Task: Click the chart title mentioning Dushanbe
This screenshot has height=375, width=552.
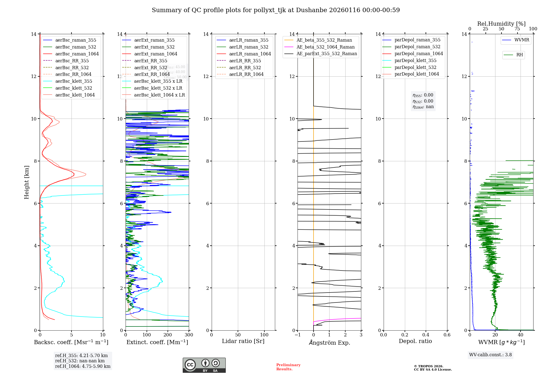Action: [x=276, y=10]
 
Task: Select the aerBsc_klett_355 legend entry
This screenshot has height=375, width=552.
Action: [x=73, y=81]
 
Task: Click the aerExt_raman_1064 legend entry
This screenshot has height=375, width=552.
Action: [x=156, y=54]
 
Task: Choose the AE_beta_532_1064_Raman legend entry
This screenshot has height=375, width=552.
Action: [x=325, y=47]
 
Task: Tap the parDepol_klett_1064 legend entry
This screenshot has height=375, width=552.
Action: [x=416, y=74]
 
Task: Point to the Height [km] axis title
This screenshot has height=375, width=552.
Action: [x=26, y=182]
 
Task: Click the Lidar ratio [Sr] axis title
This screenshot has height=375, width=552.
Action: [x=243, y=341]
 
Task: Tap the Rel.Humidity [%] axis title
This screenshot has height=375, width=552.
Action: [x=501, y=24]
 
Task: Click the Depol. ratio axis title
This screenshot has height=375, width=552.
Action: [x=415, y=341]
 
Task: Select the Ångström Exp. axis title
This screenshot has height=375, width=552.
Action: [x=329, y=342]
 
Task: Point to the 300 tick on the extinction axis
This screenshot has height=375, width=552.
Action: [x=189, y=335]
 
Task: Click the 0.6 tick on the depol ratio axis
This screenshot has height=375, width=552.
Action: [x=447, y=335]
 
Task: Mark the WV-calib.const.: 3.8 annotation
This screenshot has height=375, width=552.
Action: [x=490, y=355]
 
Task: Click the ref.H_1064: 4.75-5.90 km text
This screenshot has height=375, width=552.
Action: [x=83, y=366]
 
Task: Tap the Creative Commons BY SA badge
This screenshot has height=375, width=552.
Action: [x=204, y=365]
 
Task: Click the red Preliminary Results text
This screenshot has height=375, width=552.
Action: [x=288, y=367]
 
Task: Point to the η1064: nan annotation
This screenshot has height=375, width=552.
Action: [x=423, y=107]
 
